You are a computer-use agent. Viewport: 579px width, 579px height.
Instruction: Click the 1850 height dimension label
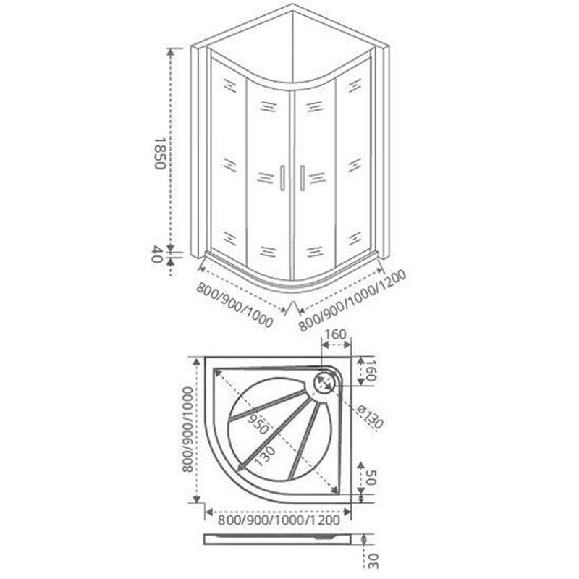tap(159, 153)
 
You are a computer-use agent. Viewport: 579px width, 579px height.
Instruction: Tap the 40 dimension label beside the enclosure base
tap(157, 254)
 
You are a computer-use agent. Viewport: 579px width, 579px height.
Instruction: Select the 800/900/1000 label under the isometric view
tap(234, 305)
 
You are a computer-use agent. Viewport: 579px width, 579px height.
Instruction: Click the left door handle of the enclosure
tap(282, 178)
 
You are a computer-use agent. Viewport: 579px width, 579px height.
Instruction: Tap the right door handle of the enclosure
tap(303, 178)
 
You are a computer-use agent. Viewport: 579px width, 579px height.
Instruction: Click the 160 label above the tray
tap(335, 334)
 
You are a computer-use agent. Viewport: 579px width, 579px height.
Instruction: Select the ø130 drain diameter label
tap(371, 417)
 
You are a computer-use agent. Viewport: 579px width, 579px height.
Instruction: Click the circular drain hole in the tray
tap(324, 382)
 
